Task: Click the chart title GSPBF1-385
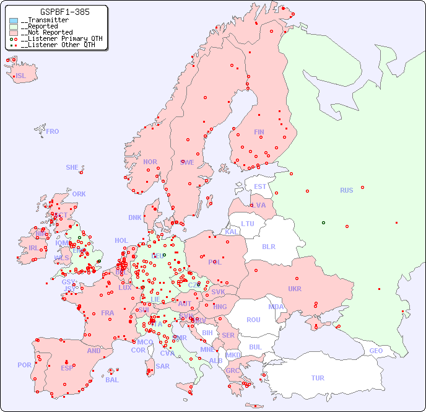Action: pyautogui.click(x=56, y=12)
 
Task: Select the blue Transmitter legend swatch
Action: pyautogui.click(x=14, y=20)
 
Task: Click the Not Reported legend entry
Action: pyautogui.click(x=46, y=32)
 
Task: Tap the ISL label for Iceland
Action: pyautogui.click(x=21, y=76)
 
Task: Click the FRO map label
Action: pyautogui.click(x=53, y=131)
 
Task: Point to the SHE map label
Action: pyautogui.click(x=72, y=167)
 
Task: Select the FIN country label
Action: pyautogui.click(x=259, y=132)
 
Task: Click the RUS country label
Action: pyautogui.click(x=346, y=190)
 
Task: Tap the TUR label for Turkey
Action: pyautogui.click(x=318, y=378)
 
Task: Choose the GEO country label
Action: pyautogui.click(x=376, y=351)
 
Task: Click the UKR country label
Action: pyautogui.click(x=294, y=289)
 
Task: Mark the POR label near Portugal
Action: pyautogui.click(x=24, y=365)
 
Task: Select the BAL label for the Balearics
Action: pyautogui.click(x=112, y=380)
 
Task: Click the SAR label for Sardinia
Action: pyautogui.click(x=162, y=366)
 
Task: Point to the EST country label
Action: pyautogui.click(x=260, y=186)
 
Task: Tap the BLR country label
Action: pyautogui.click(x=268, y=246)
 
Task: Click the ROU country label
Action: pyautogui.click(x=253, y=320)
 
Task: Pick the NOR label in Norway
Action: pyautogui.click(x=150, y=162)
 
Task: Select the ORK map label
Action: pyautogui.click(x=79, y=194)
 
